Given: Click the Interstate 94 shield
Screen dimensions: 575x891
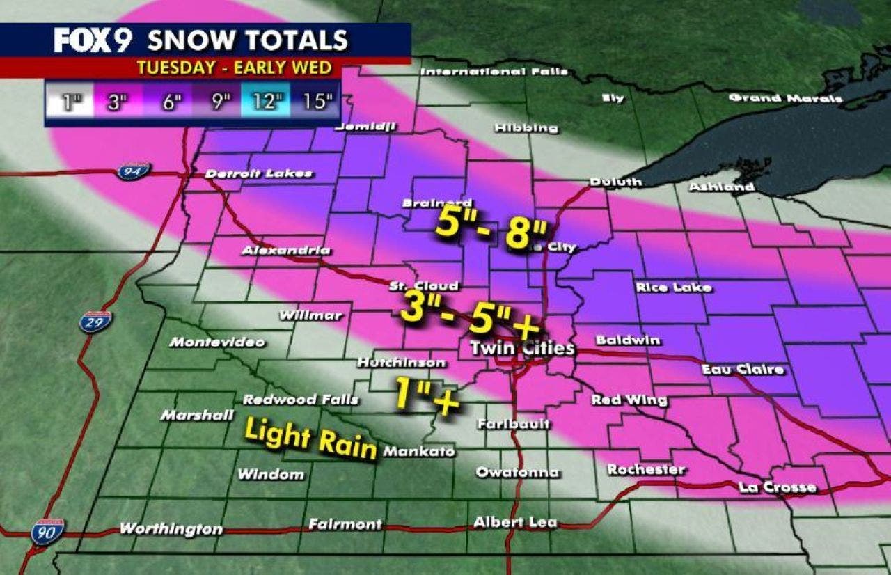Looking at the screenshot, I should click(133, 171).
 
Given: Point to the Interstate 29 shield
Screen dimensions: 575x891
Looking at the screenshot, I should click(95, 322).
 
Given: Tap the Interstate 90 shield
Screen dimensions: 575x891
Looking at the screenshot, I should click(47, 531).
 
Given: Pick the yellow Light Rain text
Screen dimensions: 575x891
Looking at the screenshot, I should click(310, 439).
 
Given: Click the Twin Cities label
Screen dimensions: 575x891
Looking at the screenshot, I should click(522, 349).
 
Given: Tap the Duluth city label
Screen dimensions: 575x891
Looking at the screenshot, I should click(615, 182).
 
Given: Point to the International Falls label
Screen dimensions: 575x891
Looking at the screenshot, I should click(494, 72).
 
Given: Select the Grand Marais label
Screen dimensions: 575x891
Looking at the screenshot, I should click(785, 98).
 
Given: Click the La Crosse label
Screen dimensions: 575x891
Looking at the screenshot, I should click(777, 487).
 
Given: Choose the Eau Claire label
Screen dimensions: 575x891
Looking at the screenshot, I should click(742, 369).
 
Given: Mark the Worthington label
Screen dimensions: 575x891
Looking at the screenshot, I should click(171, 529).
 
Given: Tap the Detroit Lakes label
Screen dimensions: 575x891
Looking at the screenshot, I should click(259, 173).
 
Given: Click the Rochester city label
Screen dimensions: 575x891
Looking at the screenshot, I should click(646, 470).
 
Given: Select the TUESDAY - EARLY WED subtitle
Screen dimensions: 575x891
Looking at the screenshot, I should click(234, 68).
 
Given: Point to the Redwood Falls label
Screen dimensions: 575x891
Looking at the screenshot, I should click(301, 400).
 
